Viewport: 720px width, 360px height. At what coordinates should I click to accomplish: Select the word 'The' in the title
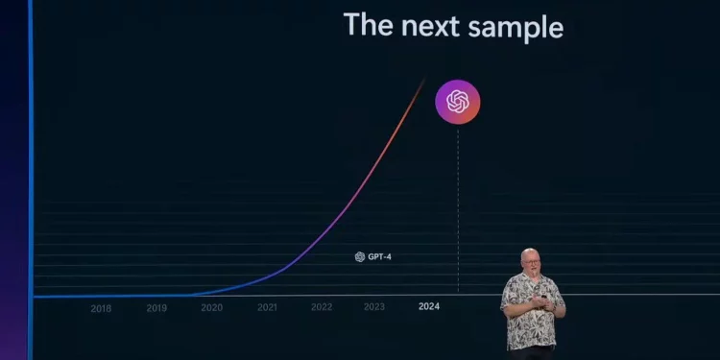coord(368,25)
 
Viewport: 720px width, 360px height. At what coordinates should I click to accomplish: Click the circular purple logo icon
coord(458,101)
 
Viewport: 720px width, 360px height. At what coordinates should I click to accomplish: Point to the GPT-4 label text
coord(379,257)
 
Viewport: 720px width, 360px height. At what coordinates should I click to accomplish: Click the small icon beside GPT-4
coord(360,257)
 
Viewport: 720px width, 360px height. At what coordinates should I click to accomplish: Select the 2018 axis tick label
coord(101,308)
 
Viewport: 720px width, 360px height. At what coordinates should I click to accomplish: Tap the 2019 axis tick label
coord(156,308)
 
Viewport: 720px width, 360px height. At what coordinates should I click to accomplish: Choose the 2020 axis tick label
coord(211,308)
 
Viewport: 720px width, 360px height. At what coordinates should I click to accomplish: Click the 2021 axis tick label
coord(267,308)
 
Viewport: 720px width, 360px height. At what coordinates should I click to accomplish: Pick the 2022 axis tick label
coord(322,308)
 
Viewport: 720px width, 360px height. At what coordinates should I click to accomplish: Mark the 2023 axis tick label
coord(374,308)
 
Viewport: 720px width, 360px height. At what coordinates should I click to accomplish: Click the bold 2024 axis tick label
coord(429,307)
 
